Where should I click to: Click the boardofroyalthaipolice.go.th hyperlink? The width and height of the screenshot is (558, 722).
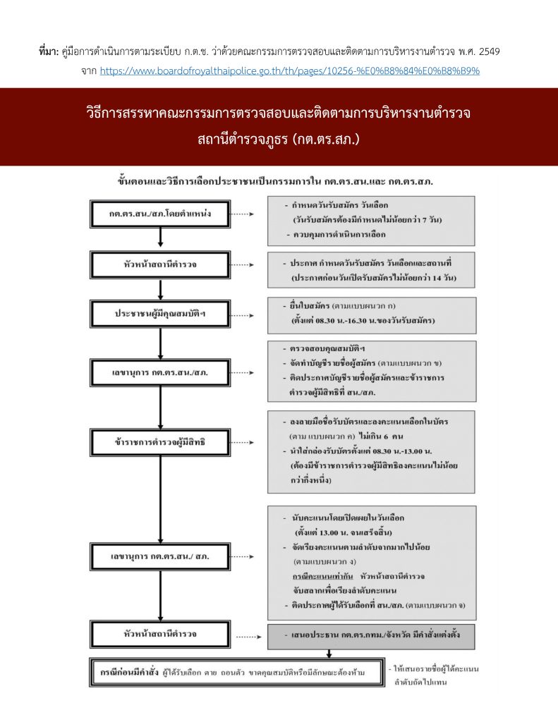pyautogui.click(x=290, y=71)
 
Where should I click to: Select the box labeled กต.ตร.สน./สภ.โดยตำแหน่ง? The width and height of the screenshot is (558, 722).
pyautogui.click(x=162, y=214)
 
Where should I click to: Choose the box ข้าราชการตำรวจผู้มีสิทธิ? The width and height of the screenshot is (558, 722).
pyautogui.click(x=162, y=443)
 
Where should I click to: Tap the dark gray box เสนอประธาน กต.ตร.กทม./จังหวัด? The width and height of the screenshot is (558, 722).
pyautogui.click(x=371, y=635)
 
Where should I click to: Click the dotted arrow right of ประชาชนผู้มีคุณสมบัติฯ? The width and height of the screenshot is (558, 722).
pyautogui.click(x=242, y=313)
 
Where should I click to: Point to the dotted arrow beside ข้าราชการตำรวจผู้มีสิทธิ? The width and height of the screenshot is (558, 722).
pyautogui.click(x=242, y=443)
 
